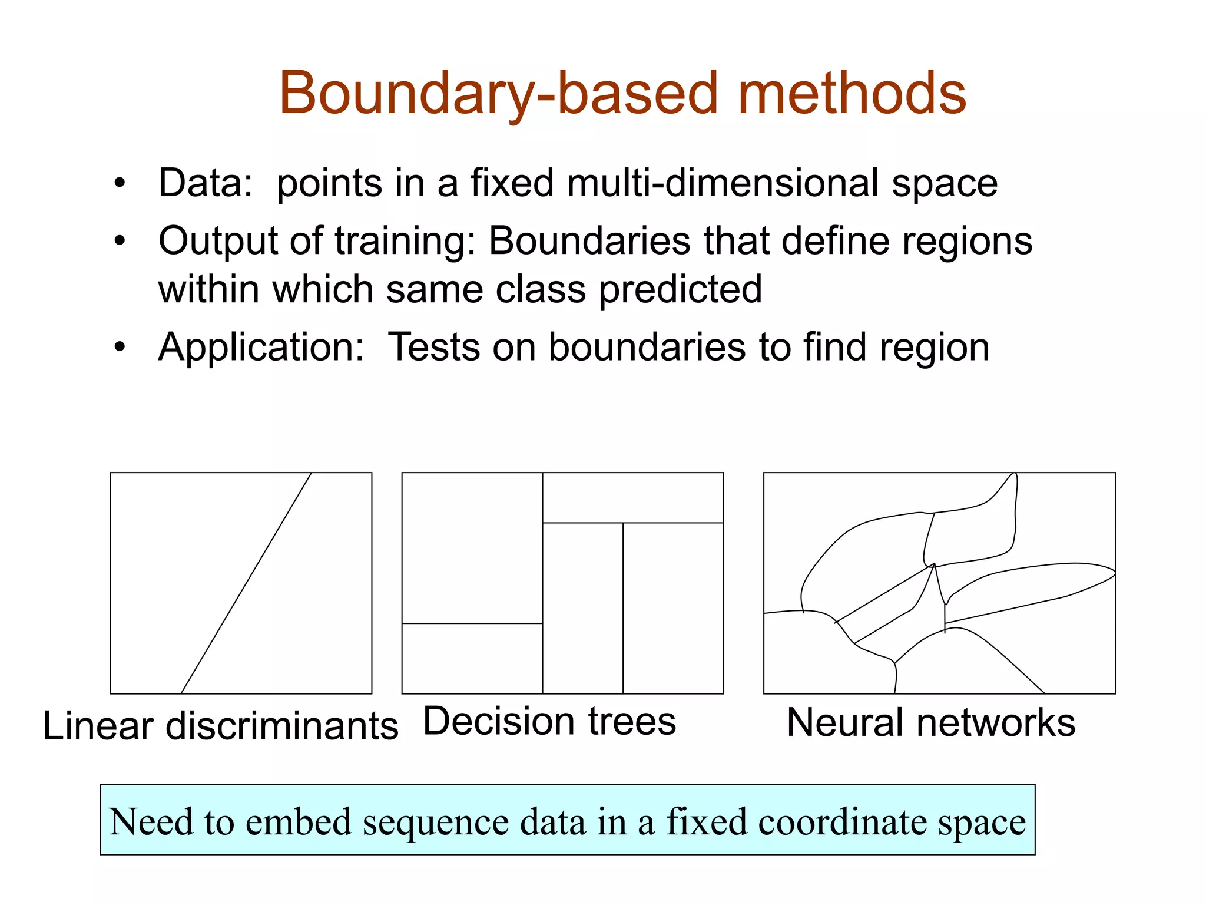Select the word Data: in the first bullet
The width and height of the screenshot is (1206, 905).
point(206,183)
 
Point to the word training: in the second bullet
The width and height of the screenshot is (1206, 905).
point(406,242)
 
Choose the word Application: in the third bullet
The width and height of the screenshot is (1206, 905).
point(261,347)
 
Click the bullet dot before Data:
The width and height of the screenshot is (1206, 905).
point(120,183)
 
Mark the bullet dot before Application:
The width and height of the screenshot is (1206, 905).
point(120,348)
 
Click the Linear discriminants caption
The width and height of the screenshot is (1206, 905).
point(221,725)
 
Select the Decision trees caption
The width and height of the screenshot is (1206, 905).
point(549,721)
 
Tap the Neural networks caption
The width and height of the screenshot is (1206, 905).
point(931,722)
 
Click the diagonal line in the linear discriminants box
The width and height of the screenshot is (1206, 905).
point(246,583)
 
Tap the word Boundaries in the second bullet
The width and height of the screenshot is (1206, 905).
point(589,242)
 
